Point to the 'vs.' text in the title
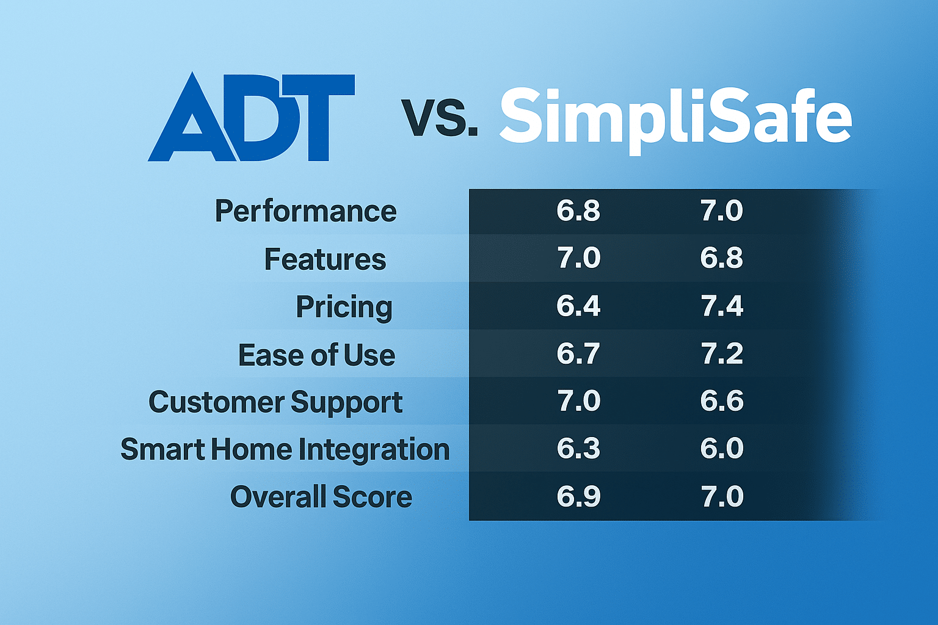[439, 118]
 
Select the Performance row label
[305, 212]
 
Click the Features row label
[325, 259]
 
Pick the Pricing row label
[344, 307]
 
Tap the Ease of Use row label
[316, 355]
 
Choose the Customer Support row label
[275, 402]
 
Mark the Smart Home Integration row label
[285, 450]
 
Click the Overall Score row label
[321, 497]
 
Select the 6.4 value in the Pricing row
[578, 306]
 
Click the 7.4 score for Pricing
[722, 306]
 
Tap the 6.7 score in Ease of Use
[578, 353]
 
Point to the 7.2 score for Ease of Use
[722, 353]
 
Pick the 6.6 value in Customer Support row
[722, 401]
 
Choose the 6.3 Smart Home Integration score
[578, 449]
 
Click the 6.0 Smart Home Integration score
[722, 449]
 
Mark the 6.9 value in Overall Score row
[578, 496]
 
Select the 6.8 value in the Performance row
[578, 211]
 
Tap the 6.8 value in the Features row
[722, 258]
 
